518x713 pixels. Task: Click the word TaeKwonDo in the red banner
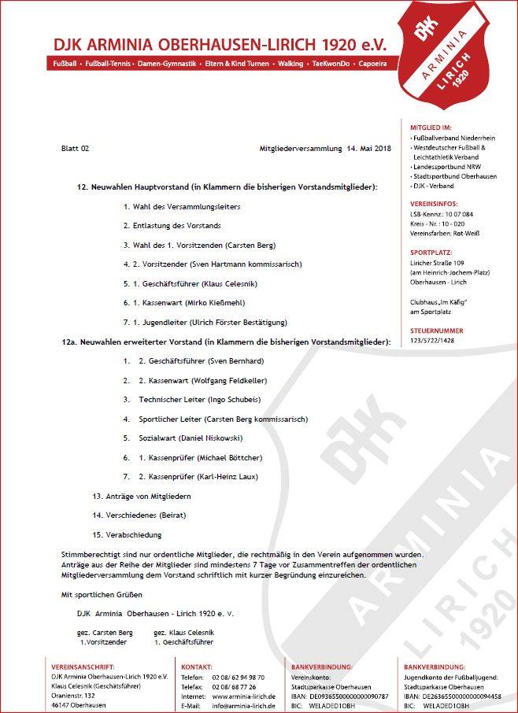(331, 62)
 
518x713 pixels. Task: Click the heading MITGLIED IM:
(431, 127)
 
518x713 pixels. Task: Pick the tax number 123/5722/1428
(438, 341)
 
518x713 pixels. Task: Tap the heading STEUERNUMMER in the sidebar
(437, 331)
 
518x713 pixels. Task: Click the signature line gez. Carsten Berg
(105, 632)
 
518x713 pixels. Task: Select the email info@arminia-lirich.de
(243, 706)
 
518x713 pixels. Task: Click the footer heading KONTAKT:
(197, 666)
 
